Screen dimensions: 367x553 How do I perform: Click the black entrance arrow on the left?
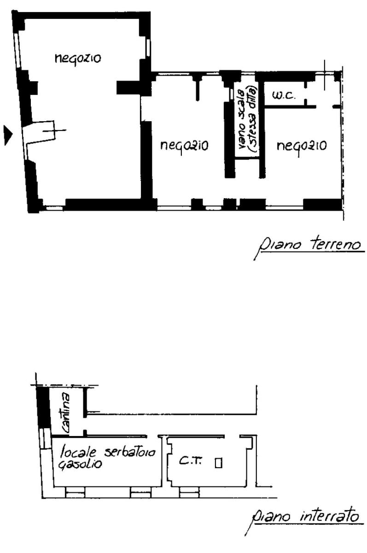click(8, 135)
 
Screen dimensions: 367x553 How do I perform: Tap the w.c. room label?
click(283, 95)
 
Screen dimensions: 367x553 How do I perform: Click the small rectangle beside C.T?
click(218, 463)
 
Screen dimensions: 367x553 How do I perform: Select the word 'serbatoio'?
click(130, 451)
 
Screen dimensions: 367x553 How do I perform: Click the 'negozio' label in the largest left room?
click(78, 59)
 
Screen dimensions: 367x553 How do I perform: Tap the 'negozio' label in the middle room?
click(184, 146)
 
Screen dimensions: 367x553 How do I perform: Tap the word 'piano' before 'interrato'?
click(270, 518)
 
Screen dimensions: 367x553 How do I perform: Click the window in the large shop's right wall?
click(148, 47)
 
